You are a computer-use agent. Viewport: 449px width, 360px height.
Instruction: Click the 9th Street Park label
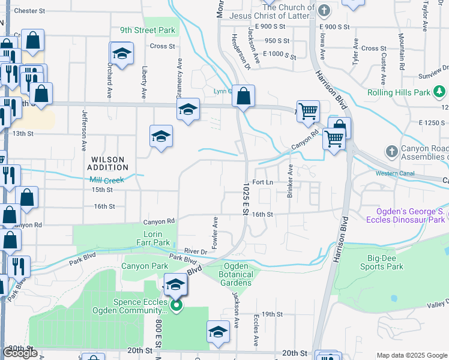(x=147, y=30)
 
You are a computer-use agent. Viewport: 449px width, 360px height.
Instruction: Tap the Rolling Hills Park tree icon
(x=440, y=92)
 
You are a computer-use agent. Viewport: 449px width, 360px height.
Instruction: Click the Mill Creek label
(x=106, y=180)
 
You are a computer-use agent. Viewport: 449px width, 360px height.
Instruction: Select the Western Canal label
(x=394, y=174)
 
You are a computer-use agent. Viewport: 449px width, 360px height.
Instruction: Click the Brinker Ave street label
(x=290, y=180)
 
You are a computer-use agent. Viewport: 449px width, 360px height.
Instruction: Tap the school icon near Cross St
(x=122, y=53)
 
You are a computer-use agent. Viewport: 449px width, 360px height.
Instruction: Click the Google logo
(x=20, y=353)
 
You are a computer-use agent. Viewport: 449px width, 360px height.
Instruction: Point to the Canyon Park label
(x=145, y=266)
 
